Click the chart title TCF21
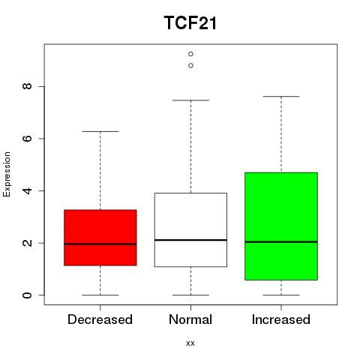[190, 22]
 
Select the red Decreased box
[100, 238]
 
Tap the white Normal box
[190, 229]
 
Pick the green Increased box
[281, 226]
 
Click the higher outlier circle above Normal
[190, 54]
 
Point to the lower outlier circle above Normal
[190, 65]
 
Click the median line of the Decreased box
[100, 244]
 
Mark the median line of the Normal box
[190, 240]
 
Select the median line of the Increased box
[281, 241]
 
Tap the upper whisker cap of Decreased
[100, 131]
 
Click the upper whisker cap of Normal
[190, 100]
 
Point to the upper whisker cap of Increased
[281, 96]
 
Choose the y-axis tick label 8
[27, 86]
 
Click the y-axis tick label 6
[27, 139]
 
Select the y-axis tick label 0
[27, 295]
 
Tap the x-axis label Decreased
[100, 319]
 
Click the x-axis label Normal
[190, 319]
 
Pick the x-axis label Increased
[281, 319]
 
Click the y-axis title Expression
[7, 174]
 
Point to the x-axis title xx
[190, 343]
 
